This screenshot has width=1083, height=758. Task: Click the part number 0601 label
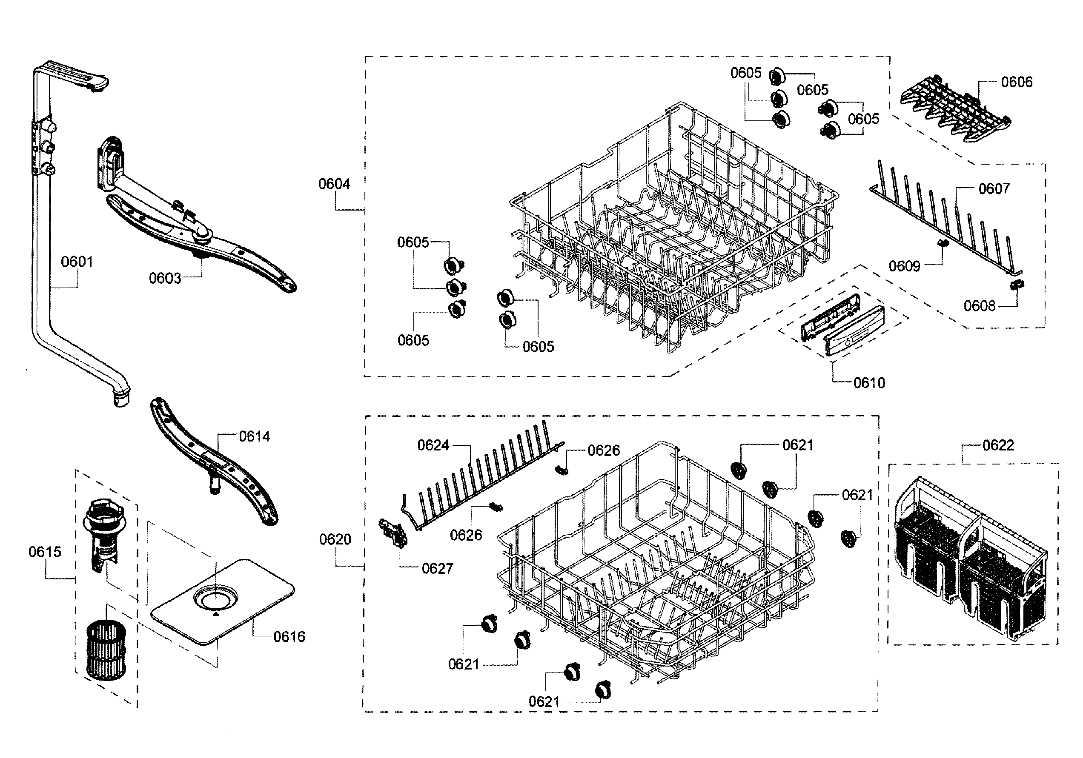coord(77,262)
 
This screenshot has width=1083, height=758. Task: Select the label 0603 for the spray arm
coord(165,279)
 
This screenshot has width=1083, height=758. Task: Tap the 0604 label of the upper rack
coord(334,184)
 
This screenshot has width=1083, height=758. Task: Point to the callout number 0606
coord(1017,82)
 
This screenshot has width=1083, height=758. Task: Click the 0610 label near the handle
coord(869,383)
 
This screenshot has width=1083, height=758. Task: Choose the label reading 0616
coord(289,637)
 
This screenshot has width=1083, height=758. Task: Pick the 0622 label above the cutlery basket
coord(997,445)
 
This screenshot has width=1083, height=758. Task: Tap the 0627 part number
coord(437,568)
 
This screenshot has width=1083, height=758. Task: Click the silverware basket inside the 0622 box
coord(972,561)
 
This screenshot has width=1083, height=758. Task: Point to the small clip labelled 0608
coord(1017,284)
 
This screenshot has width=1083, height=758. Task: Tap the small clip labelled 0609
coord(943,243)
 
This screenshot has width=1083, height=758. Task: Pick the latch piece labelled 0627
coord(393,533)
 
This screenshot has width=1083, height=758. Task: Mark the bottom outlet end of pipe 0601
coord(121,400)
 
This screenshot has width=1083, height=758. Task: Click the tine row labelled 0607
coord(943,222)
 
